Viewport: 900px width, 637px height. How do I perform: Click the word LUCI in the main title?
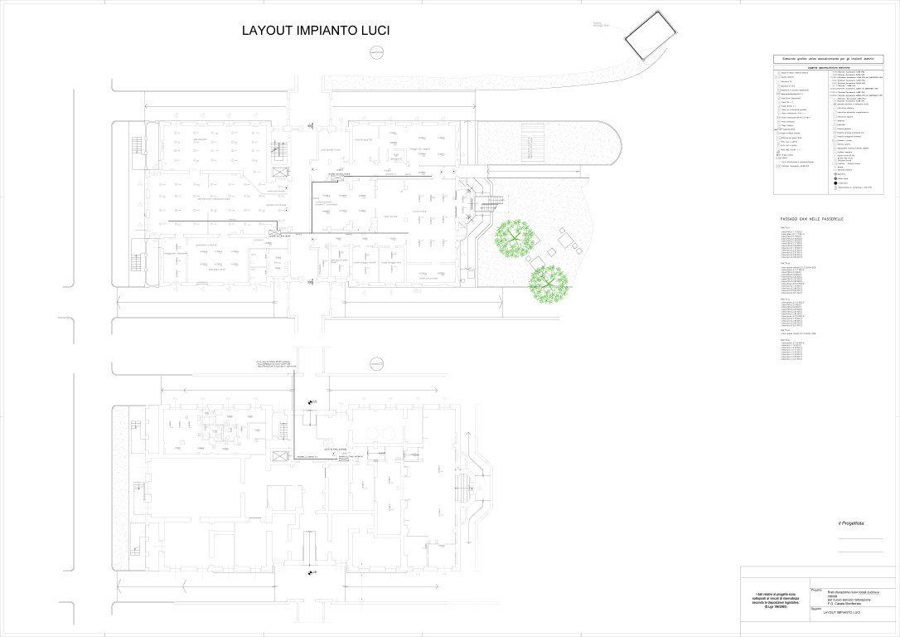click(370, 31)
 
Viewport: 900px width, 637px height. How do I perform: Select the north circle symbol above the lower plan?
click(377, 362)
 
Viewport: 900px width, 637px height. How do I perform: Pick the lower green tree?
click(549, 284)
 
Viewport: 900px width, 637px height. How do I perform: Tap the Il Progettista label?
click(850, 523)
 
